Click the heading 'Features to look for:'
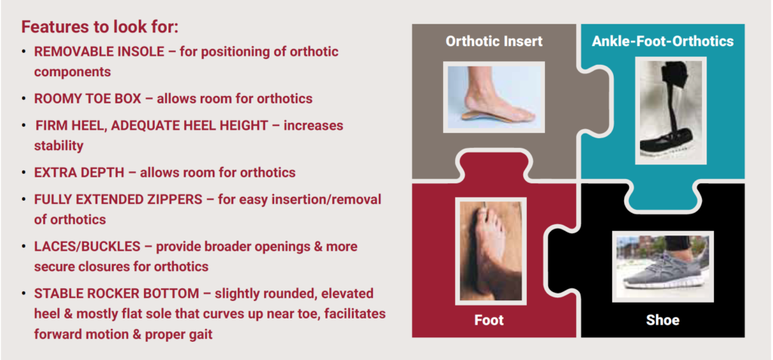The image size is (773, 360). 99,26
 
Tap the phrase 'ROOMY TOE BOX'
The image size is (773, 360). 88,99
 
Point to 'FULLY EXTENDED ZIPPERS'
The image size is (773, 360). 119,200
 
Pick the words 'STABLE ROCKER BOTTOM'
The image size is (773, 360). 116,294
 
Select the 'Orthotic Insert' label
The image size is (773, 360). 494,41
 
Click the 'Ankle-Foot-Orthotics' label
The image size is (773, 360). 663,41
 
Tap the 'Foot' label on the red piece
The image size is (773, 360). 489,320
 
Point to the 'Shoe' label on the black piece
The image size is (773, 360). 663,320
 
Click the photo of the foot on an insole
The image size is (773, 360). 494,97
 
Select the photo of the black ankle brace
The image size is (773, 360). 670,110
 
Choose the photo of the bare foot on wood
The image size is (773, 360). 491,250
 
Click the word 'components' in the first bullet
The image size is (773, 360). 72,72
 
